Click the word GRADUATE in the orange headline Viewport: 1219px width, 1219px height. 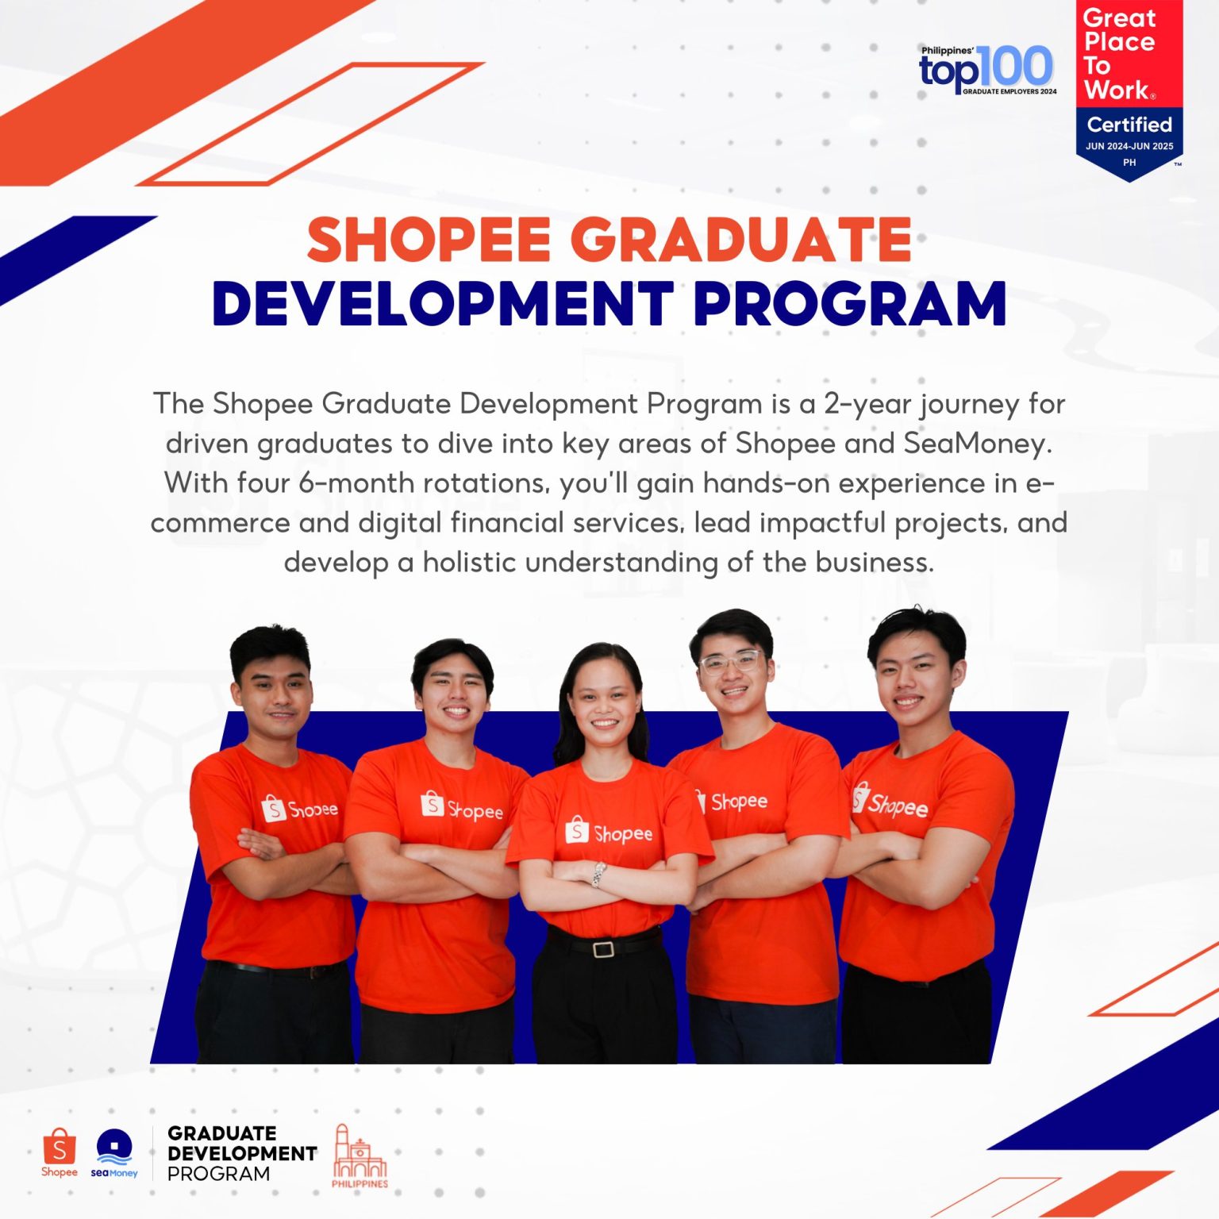[741, 240]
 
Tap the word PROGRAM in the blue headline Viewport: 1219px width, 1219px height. [849, 305]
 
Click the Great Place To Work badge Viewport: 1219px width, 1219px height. [1129, 87]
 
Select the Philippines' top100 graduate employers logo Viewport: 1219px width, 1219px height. [987, 70]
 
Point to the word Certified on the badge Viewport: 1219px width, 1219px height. [1129, 125]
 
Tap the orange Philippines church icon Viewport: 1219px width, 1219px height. [360, 1156]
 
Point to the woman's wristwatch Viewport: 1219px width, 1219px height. [598, 875]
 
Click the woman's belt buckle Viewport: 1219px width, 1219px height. [603, 948]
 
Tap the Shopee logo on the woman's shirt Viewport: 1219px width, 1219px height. [608, 833]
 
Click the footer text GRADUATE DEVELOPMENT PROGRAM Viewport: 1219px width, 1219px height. [241, 1153]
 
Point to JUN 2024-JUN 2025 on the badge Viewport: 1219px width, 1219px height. [1129, 146]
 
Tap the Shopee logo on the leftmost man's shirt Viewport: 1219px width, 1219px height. [299, 809]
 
